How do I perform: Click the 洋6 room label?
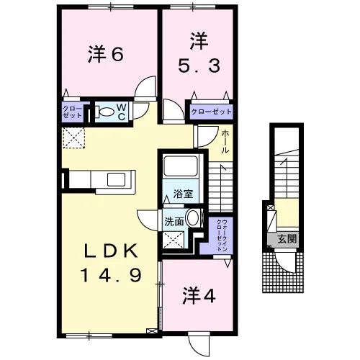click(106, 54)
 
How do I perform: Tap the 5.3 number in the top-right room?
click(199, 66)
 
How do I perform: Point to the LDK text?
click(111, 251)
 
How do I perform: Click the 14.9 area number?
click(111, 275)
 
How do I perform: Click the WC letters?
click(122, 112)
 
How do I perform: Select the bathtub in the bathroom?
click(180, 166)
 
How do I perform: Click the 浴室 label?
click(184, 194)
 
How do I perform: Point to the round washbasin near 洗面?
click(194, 218)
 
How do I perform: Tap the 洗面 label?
click(174, 222)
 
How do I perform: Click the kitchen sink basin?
click(116, 179)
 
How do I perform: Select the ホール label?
click(225, 142)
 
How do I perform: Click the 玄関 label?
click(287, 239)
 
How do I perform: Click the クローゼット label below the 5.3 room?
click(212, 112)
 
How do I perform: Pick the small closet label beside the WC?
click(72, 112)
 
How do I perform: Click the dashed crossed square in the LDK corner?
click(73, 138)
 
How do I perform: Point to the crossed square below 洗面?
click(174, 240)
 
